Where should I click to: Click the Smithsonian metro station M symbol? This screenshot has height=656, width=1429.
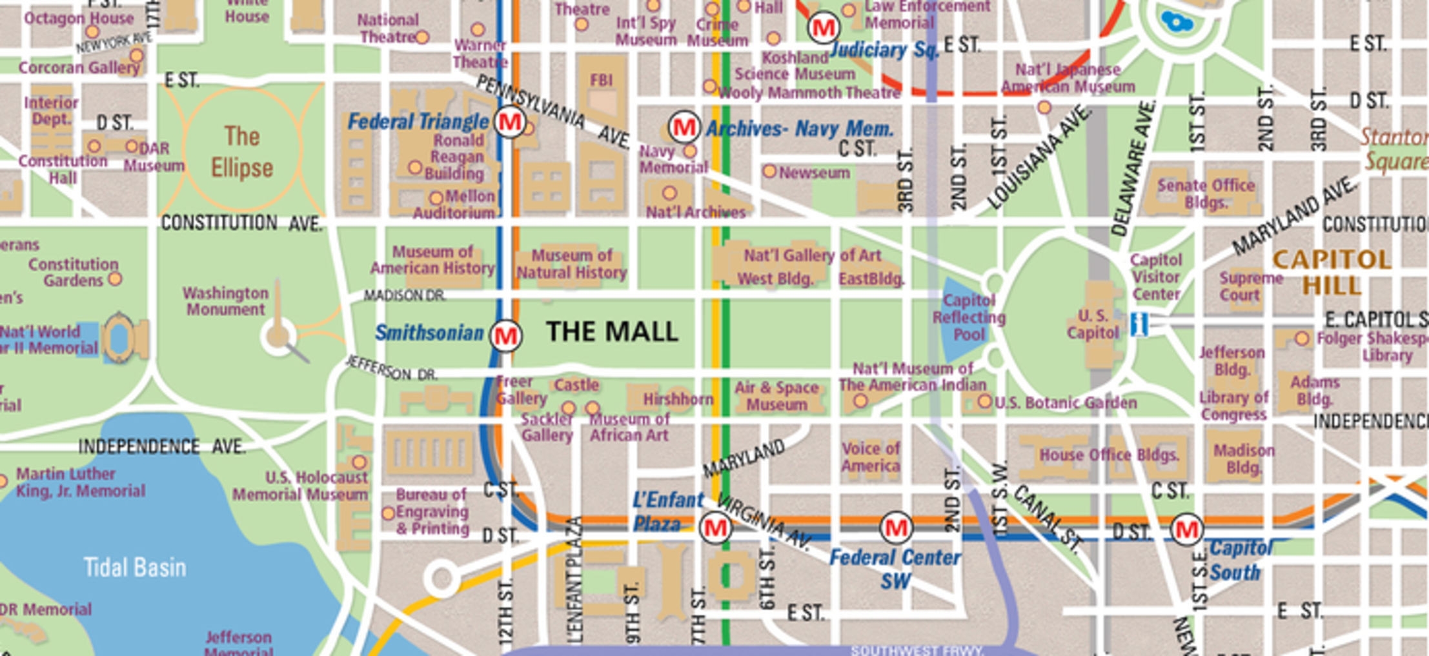(x=505, y=335)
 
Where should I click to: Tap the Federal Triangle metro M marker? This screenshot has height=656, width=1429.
(x=510, y=121)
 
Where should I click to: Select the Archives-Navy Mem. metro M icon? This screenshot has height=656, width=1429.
(x=684, y=128)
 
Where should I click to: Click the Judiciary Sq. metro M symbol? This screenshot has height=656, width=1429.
(x=823, y=28)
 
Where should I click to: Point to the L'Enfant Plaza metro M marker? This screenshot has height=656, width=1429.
(x=715, y=528)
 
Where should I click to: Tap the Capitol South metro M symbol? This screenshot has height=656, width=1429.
(x=1186, y=530)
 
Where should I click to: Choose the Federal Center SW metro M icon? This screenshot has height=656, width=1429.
(x=896, y=528)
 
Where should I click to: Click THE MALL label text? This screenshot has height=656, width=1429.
(x=612, y=332)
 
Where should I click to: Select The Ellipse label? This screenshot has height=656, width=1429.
(x=242, y=152)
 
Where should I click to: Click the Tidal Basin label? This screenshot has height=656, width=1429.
(x=135, y=568)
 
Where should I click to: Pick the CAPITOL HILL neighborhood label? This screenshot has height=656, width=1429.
(x=1332, y=272)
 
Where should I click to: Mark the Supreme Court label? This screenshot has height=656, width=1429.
(x=1250, y=286)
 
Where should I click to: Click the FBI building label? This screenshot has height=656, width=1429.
(x=601, y=81)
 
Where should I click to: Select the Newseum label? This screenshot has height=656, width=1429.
(x=813, y=173)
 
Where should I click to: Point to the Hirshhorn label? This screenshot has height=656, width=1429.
(x=678, y=399)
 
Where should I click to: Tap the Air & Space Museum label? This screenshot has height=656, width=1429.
(x=776, y=396)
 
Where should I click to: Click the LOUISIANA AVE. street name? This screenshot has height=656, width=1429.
(x=1039, y=158)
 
